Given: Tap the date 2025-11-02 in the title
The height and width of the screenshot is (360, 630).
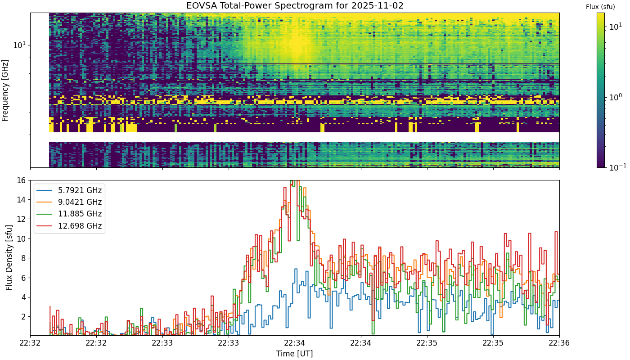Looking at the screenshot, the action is click(377, 5).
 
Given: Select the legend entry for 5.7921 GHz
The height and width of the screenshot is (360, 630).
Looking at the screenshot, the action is click(69, 190).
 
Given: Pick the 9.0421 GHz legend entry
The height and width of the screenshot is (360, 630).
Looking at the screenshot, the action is click(69, 202).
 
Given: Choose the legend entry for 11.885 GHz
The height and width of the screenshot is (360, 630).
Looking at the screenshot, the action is click(69, 214).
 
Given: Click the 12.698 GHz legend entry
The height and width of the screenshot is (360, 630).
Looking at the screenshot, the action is click(69, 226).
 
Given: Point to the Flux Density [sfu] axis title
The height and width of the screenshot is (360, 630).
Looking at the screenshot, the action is click(9, 257).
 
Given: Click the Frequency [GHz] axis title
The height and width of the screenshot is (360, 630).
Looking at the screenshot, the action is click(5, 90).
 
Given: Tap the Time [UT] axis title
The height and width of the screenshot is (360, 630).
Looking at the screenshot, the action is click(294, 354).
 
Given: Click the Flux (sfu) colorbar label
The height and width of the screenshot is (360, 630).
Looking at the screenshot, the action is click(600, 7).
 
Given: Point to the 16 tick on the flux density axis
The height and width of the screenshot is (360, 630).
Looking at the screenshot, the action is click(22, 180).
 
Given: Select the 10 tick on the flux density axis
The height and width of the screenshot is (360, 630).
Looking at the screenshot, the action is click(22, 239).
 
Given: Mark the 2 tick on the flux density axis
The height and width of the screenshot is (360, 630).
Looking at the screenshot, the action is click(23, 317).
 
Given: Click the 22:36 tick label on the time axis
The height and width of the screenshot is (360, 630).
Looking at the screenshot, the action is click(559, 343).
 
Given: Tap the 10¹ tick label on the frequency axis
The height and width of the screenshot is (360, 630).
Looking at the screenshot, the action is click(19, 45).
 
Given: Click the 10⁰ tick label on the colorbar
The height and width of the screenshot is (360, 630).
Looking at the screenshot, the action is click(616, 97).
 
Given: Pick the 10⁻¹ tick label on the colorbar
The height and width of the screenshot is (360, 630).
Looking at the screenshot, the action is click(617, 167).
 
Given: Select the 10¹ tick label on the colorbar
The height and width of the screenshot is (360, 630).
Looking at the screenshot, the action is click(616, 27).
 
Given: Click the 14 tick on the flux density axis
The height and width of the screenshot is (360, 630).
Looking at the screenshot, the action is click(22, 200).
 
